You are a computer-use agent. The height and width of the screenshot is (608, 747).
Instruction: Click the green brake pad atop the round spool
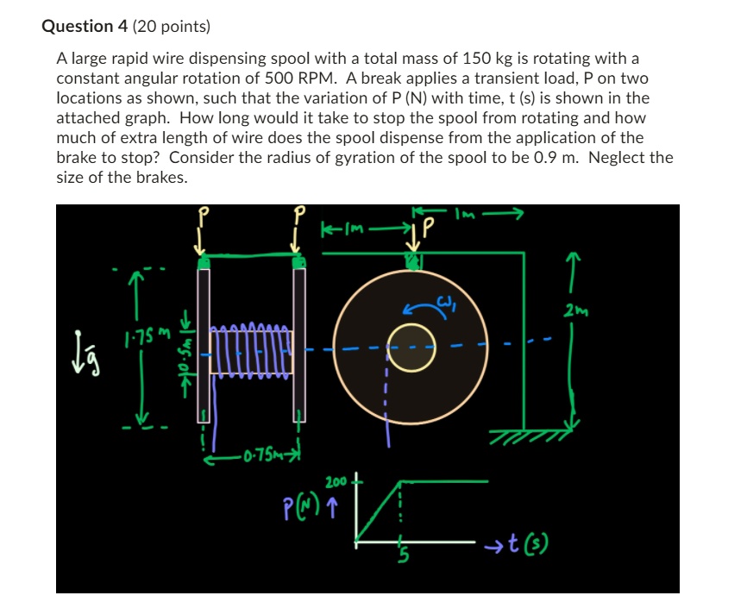415,261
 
